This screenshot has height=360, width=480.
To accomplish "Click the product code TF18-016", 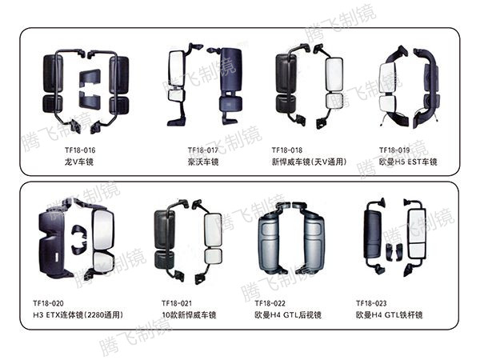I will pyautogui.click(x=79, y=150).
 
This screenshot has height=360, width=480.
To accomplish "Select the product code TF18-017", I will pyautogui.click(x=203, y=150).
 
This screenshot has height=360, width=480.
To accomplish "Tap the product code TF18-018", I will pyautogui.click(x=286, y=150).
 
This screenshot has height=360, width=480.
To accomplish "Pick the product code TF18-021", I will pyautogui.click(x=176, y=303).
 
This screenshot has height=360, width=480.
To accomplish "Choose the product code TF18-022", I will pyautogui.click(x=270, y=303).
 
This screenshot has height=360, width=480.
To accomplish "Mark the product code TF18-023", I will pyautogui.click(x=372, y=303).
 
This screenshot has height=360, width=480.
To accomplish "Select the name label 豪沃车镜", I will pyautogui.click(x=203, y=162).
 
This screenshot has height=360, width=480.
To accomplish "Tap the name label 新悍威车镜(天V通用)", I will pyautogui.click(x=307, y=162).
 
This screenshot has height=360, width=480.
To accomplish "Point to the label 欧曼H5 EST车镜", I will pyautogui.click(x=408, y=162).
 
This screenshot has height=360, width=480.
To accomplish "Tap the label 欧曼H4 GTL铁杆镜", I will pyautogui.click(x=390, y=315).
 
